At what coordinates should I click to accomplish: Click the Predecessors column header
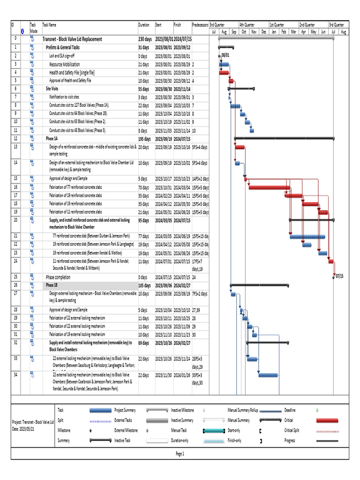200,25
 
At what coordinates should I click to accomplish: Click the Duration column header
144,25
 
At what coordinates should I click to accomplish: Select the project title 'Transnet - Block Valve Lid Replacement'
73,39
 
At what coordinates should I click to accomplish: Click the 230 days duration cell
145,39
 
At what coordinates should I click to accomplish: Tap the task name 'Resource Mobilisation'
65,64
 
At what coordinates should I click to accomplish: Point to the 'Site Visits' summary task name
52,88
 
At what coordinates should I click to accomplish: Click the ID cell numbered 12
15,139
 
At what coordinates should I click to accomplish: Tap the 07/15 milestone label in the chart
339,276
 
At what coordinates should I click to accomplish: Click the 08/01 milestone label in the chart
225,55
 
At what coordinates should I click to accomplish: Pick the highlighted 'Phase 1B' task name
52,285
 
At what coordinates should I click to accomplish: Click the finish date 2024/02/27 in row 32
182,343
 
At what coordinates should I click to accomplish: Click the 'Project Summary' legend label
126,410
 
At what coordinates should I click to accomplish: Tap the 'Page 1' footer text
180,454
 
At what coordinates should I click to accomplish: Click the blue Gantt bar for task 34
269,375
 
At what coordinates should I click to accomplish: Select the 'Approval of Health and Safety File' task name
70,81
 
